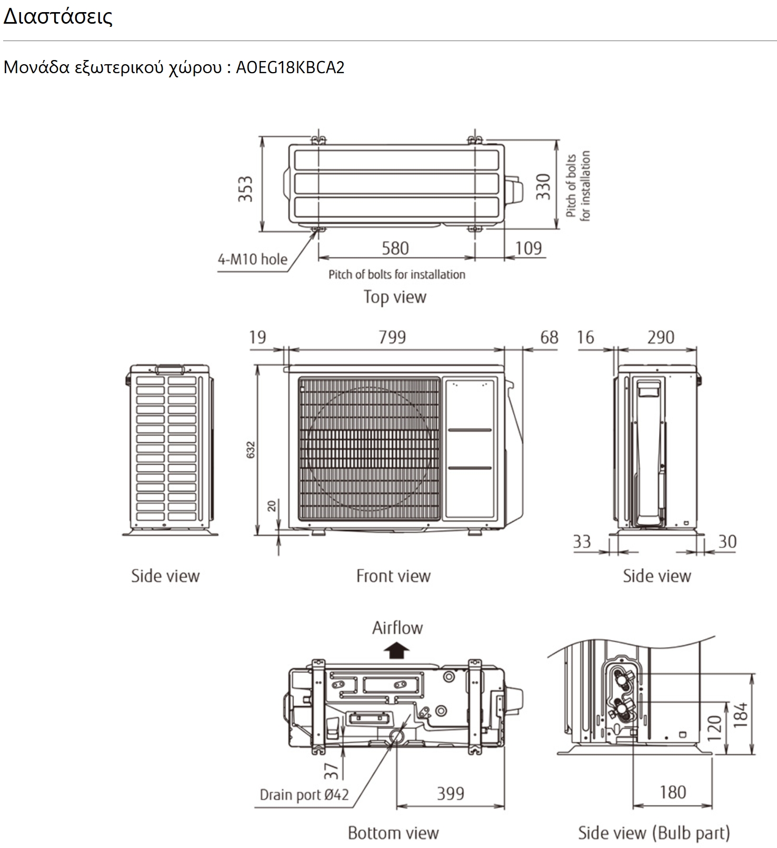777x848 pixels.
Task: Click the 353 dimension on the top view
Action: [x=245, y=189]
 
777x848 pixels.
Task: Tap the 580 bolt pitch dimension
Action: [x=395, y=248]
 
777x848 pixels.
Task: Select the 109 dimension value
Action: [x=528, y=248]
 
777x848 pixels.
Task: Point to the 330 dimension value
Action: [x=543, y=187]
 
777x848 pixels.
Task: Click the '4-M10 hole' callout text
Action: [x=253, y=260]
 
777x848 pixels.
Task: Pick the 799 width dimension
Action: [x=392, y=337]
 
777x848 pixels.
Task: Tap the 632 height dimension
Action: [x=251, y=450]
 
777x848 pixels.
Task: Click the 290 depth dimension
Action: [x=661, y=337]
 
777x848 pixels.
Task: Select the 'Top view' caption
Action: [x=395, y=297]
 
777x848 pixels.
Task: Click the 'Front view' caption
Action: [x=393, y=576]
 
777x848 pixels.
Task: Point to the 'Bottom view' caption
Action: [x=393, y=833]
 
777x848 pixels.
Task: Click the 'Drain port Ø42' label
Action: [x=304, y=794]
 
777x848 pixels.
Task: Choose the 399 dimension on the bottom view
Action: [x=451, y=793]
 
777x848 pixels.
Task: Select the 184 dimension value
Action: [x=741, y=714]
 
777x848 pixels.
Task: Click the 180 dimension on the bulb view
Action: [x=673, y=792]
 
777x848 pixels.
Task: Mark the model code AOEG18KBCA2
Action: [x=290, y=68]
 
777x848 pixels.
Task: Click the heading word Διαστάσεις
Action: [x=58, y=17]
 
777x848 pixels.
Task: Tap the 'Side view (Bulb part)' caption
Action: [x=654, y=833]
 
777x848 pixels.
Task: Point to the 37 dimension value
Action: [x=331, y=771]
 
